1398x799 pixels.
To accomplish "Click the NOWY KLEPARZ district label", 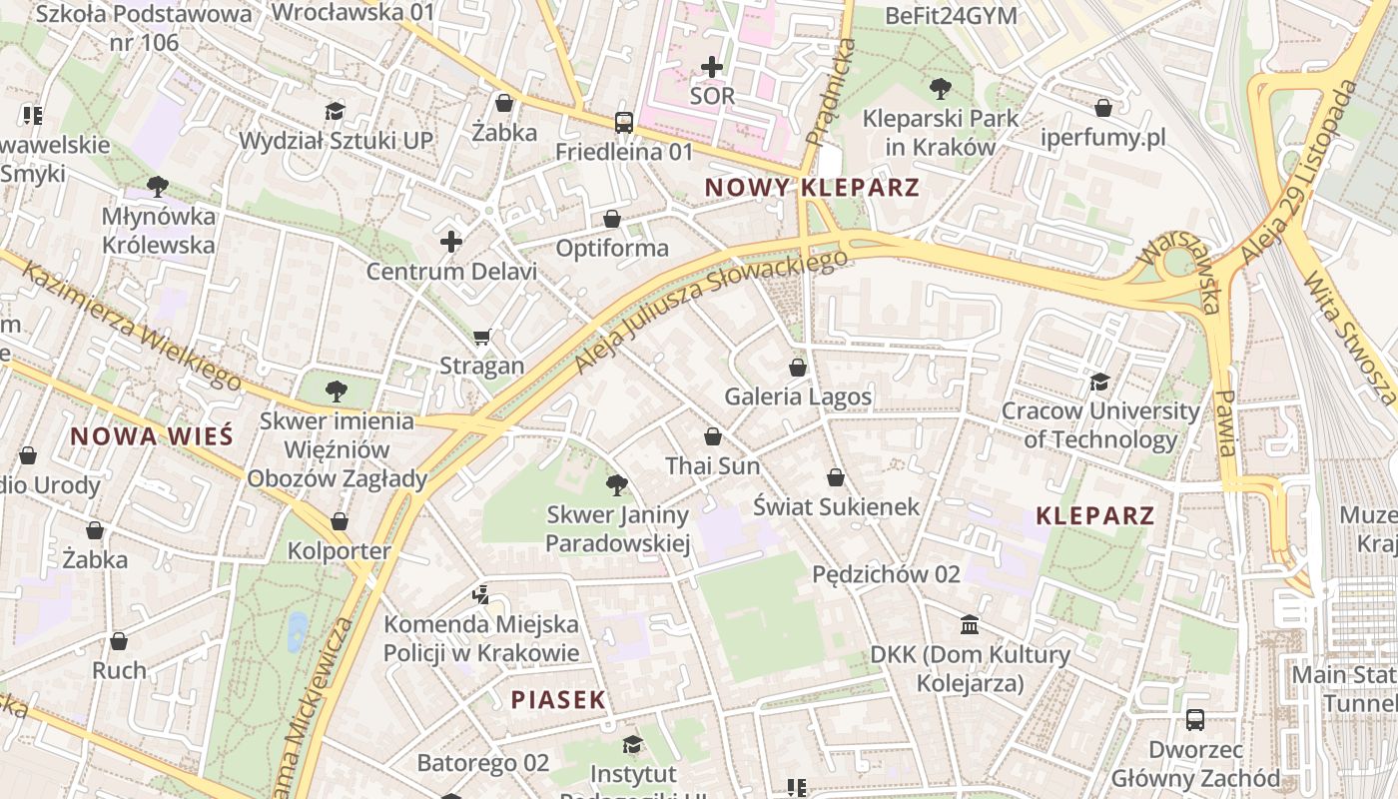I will pyautogui.click(x=811, y=188).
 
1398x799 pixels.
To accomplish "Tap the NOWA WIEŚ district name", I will pyautogui.click(x=152, y=436).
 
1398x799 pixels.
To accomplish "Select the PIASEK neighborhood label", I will pyautogui.click(x=558, y=700).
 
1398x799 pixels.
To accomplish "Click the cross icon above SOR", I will pyautogui.click(x=712, y=67).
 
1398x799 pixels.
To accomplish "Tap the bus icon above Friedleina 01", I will pyautogui.click(x=624, y=123).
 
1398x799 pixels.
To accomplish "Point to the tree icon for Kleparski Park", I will pyautogui.click(x=940, y=89).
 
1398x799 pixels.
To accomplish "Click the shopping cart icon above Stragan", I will pyautogui.click(x=482, y=337).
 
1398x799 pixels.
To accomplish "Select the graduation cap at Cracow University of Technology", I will pyautogui.click(x=1099, y=382).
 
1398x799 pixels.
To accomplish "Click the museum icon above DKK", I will pyautogui.click(x=969, y=625).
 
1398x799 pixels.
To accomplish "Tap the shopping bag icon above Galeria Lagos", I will pyautogui.click(x=797, y=368).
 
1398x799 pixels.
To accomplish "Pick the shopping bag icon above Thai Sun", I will pyautogui.click(x=712, y=436).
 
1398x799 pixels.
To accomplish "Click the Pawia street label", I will pyautogui.click(x=1224, y=421).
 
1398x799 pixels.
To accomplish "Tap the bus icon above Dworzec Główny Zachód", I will pyautogui.click(x=1194, y=719).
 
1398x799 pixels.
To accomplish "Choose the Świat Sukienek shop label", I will pyautogui.click(x=836, y=506).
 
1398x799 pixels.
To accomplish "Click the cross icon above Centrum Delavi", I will pyautogui.click(x=451, y=242).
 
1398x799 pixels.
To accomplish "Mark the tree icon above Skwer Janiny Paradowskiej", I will pyautogui.click(x=617, y=485).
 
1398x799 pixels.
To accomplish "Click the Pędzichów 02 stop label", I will pyautogui.click(x=886, y=574).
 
